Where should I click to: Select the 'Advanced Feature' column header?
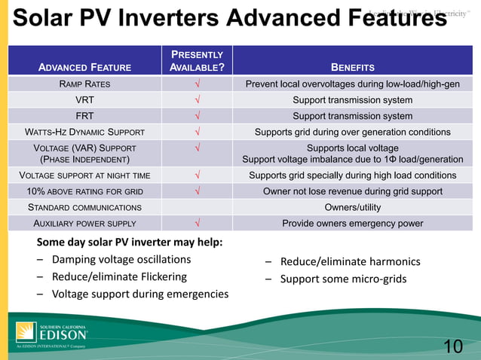tap(84, 67)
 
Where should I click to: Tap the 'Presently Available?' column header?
tap(197, 61)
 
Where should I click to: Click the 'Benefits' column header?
tap(352, 67)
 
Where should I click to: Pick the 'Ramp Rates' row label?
tap(84, 84)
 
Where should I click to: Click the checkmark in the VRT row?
tap(197, 100)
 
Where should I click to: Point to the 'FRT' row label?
tap(84, 116)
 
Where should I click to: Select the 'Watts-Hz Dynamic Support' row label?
tap(84, 133)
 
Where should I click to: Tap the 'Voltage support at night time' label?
tap(84, 175)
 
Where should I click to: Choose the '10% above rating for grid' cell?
tap(84, 191)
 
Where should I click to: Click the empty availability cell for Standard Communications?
tap(197, 207)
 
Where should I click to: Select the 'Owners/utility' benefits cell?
tap(352, 207)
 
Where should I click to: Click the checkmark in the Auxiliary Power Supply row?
tap(197, 224)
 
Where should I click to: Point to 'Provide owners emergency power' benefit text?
tap(352, 224)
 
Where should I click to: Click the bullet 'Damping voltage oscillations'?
tap(121, 260)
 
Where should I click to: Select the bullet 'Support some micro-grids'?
tap(343, 279)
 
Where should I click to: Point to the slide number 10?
tap(452, 346)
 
